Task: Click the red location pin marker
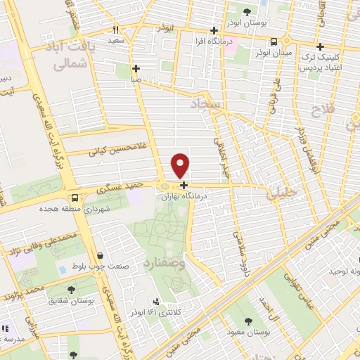coord(181,165)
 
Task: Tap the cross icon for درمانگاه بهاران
coord(184,186)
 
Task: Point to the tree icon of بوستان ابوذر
coord(247,11)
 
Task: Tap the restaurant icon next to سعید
coord(116,30)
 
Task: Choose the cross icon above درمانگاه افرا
coord(214,30)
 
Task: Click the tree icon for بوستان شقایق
coord(71,289)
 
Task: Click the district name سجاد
coord(205,105)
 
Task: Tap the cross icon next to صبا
coord(135,68)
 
